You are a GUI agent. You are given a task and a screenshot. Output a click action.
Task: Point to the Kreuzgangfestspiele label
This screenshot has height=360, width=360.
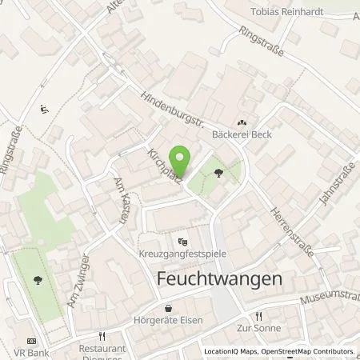click(x=183, y=254)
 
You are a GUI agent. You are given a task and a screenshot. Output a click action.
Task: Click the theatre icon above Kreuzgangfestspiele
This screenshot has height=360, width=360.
click(x=182, y=242)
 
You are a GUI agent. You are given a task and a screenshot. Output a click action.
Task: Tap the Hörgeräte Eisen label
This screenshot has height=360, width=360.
click(x=168, y=320)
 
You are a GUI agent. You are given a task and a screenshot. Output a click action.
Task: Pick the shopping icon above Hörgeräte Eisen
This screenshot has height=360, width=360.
click(x=168, y=308)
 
